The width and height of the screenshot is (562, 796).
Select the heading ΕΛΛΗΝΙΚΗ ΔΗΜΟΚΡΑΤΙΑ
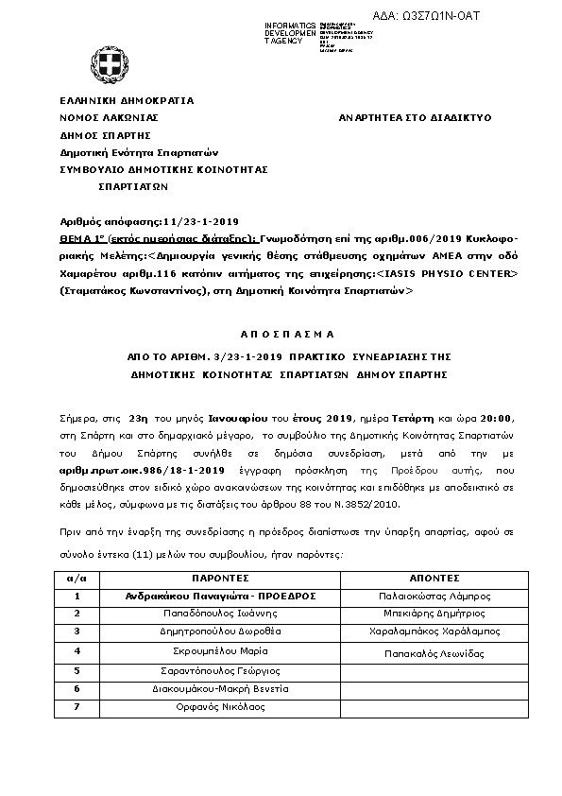click(x=127, y=99)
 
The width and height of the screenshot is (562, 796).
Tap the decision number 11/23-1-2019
click(x=201, y=215)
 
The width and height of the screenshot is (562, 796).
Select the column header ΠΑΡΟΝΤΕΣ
click(x=219, y=577)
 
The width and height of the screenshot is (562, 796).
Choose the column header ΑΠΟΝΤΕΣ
click(x=434, y=577)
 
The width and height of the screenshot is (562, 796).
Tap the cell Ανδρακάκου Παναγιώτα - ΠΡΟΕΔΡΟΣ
click(x=219, y=596)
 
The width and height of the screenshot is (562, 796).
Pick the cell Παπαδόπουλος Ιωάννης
click(x=219, y=614)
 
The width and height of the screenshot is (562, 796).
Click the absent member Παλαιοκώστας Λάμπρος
click(x=434, y=597)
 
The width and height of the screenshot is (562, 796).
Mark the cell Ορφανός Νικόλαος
click(x=219, y=705)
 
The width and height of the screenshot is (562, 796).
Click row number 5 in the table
click(x=77, y=669)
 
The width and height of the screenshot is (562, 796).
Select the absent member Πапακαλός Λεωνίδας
click(x=434, y=653)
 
